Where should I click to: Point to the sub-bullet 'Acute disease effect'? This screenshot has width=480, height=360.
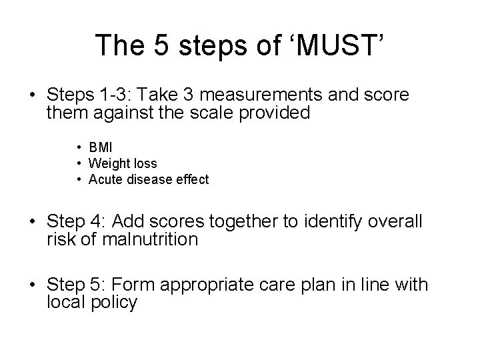click(x=148, y=179)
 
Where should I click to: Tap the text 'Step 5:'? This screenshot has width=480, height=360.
click(x=73, y=286)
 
